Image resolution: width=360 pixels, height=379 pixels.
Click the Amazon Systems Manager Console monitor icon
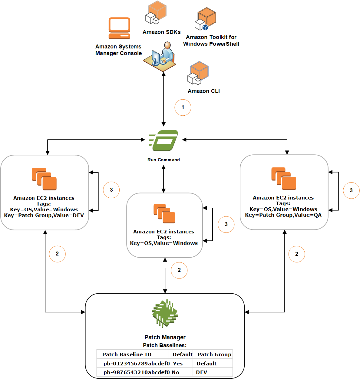[x=119, y=28]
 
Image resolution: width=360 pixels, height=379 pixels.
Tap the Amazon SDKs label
[x=161, y=32]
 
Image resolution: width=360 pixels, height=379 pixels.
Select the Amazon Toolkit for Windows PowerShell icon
[x=205, y=19]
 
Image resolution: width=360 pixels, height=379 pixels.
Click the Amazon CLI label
[x=203, y=91]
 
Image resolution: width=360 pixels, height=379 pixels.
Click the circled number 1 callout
[x=183, y=107]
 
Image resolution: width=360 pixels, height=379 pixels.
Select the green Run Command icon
[x=164, y=140]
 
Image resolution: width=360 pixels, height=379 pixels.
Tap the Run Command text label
[x=163, y=160]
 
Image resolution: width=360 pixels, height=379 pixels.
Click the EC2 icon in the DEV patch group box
[x=45, y=179]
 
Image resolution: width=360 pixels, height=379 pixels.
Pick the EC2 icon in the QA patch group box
[x=284, y=179]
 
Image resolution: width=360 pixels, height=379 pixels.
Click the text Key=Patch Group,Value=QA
[x=283, y=215]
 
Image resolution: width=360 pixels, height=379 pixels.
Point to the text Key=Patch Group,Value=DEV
[x=44, y=216]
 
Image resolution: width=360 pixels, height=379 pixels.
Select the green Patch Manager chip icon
[x=165, y=313]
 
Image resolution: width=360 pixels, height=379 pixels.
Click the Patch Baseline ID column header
[x=127, y=354]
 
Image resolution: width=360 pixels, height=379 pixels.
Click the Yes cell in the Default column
[x=178, y=364]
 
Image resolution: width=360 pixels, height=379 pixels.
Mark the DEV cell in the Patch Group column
[x=201, y=372]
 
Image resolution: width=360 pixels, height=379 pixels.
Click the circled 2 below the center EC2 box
[x=179, y=270]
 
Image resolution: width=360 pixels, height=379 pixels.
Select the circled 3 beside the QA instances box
[x=351, y=190]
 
